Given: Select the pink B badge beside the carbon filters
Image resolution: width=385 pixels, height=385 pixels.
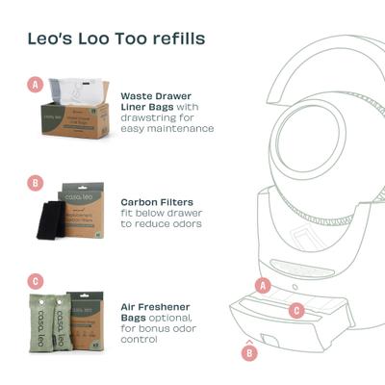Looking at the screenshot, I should (36, 182).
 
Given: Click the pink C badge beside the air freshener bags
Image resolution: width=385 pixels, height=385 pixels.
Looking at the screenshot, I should (36, 281).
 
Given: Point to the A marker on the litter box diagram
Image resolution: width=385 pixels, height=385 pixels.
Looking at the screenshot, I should (263, 284).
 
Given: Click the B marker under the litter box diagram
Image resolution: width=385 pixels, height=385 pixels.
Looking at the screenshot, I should (250, 352).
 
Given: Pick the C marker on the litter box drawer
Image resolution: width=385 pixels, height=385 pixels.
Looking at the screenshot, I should (297, 310).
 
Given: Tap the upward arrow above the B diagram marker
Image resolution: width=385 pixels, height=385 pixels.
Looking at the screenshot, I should (250, 340).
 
